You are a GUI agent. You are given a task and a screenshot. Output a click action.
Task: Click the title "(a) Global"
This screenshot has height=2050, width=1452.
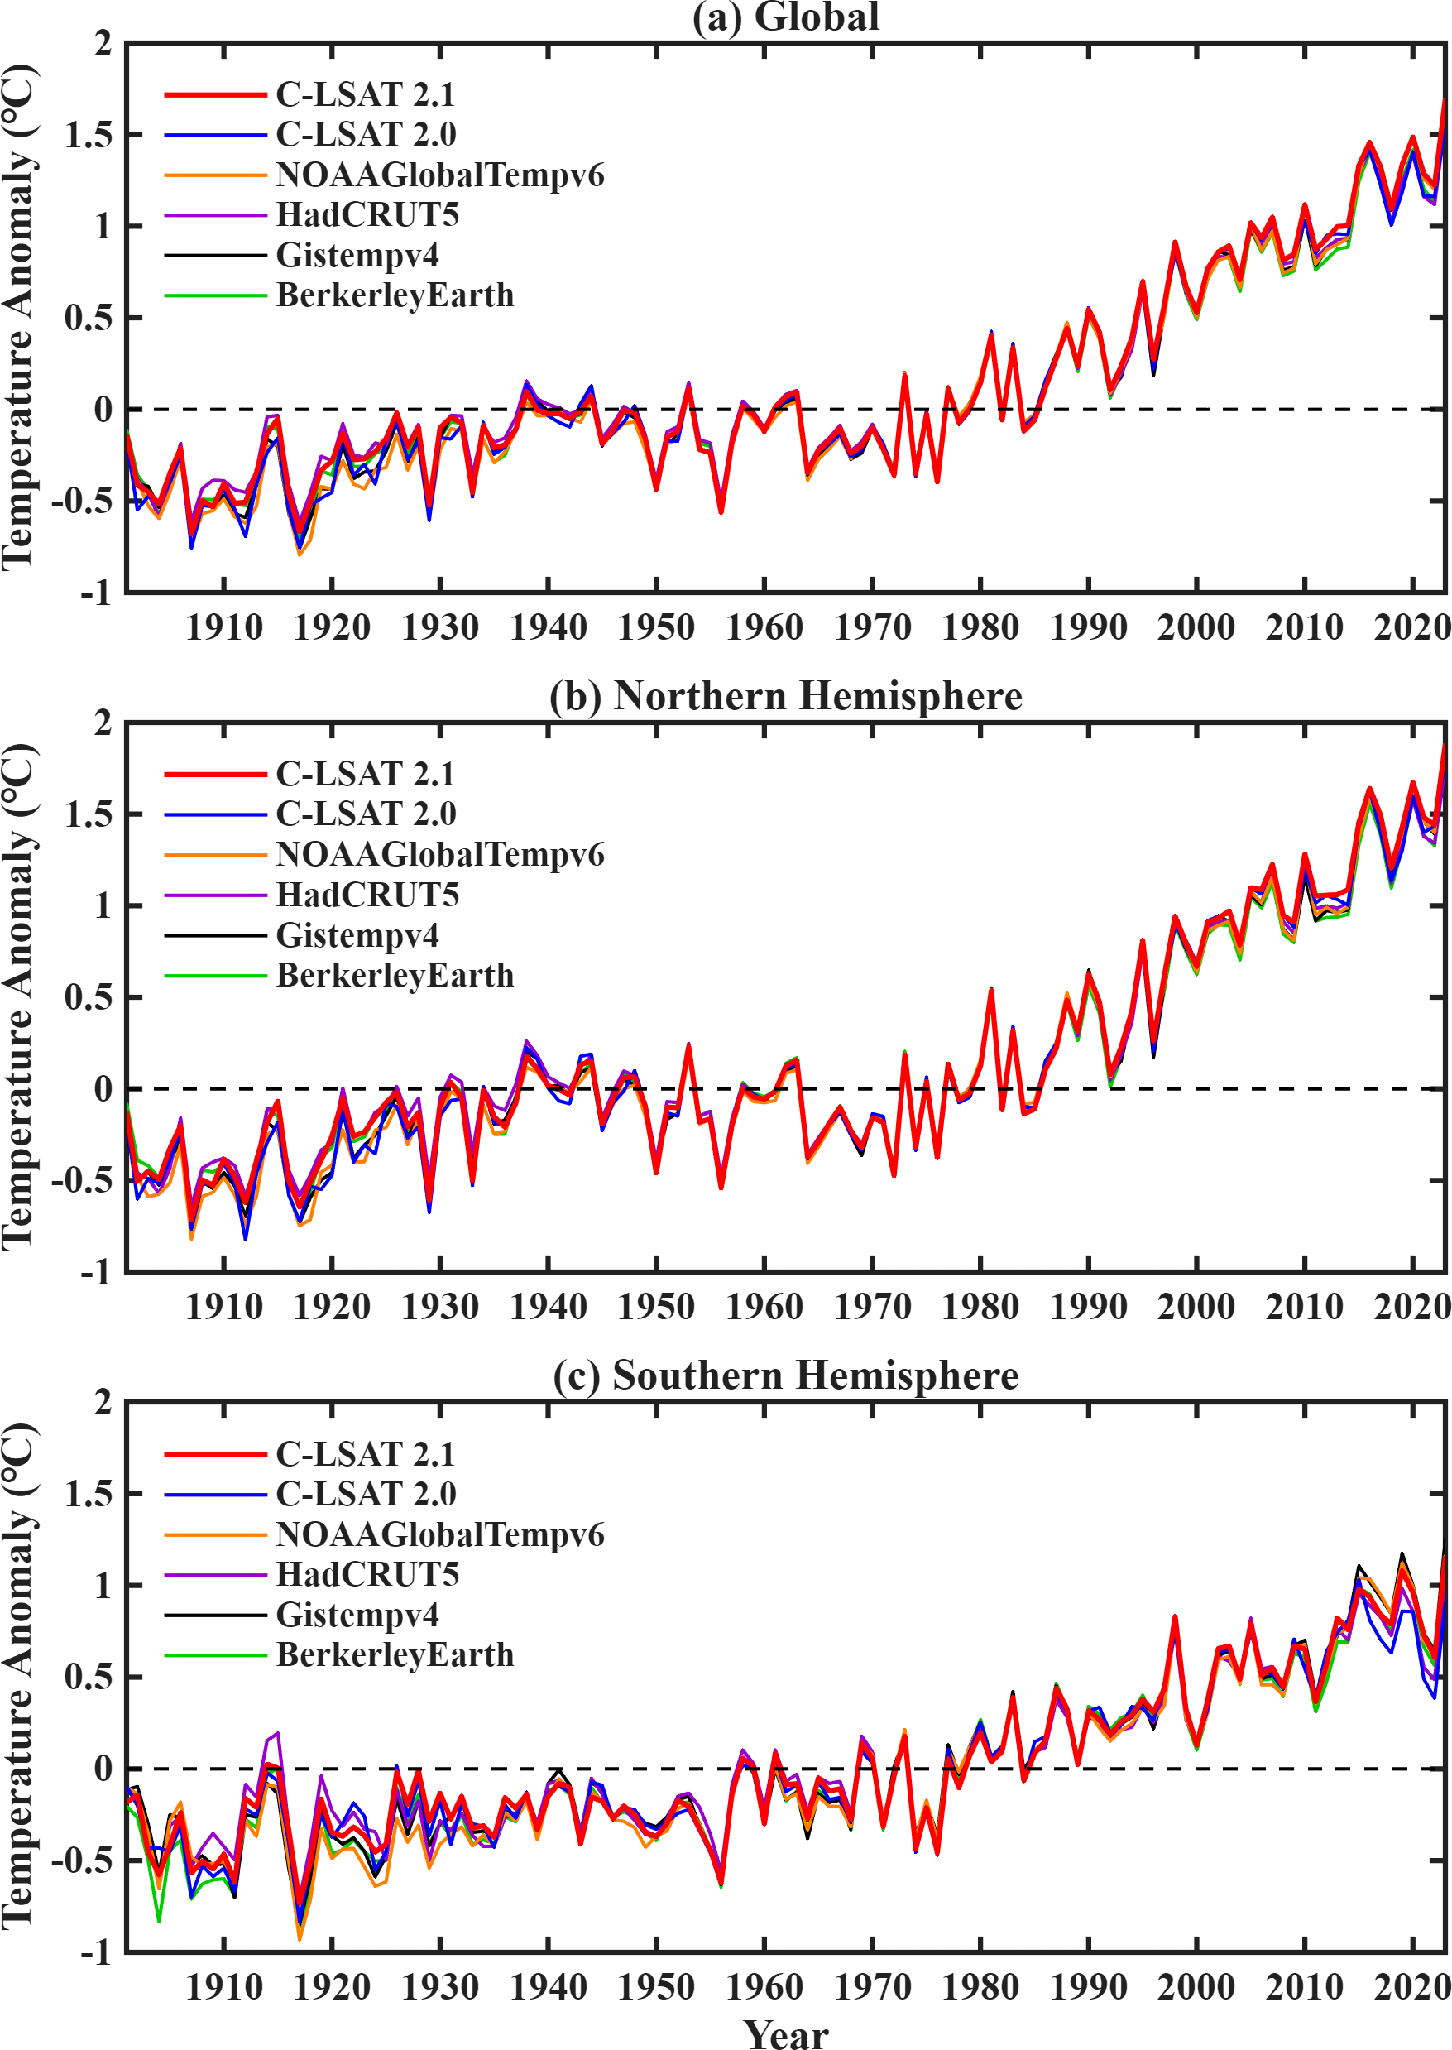[x=785, y=17]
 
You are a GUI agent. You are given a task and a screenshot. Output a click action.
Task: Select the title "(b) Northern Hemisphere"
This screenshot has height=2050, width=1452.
[x=785, y=696]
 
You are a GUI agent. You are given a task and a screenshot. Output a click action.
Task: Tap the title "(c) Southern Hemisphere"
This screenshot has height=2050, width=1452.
[x=785, y=1375]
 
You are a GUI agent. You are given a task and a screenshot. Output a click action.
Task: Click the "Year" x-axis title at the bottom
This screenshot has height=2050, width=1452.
[x=786, y=2032]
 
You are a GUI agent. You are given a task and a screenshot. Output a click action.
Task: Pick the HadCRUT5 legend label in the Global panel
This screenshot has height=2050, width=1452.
[x=367, y=214]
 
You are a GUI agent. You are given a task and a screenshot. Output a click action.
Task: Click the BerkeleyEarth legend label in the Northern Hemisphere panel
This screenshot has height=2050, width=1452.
[x=395, y=975]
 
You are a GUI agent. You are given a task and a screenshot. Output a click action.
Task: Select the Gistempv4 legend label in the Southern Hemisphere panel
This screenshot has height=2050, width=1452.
[x=357, y=1615]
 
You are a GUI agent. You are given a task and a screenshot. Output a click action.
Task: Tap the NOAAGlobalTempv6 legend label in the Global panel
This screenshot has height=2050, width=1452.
[x=440, y=175]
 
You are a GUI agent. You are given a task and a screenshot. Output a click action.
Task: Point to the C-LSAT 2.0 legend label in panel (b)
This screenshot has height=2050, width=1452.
[x=366, y=814]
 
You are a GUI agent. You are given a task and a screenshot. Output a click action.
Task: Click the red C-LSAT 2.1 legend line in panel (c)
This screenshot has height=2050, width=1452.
[x=215, y=1454]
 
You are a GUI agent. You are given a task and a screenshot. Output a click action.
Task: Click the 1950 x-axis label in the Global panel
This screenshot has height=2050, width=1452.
[x=656, y=628]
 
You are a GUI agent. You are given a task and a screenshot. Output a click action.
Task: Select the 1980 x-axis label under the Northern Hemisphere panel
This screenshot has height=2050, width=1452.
[x=980, y=1308]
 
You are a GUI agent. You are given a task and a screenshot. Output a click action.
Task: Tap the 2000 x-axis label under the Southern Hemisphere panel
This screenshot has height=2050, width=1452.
[x=1196, y=1987]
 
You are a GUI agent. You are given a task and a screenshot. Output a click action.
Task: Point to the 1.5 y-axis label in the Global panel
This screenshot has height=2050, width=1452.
[x=89, y=135]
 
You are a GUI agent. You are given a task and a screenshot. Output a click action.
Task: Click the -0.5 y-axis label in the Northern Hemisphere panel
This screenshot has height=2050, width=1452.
[x=81, y=1181]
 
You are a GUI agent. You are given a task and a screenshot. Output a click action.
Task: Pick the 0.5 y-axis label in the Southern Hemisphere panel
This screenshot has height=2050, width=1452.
[x=89, y=1677]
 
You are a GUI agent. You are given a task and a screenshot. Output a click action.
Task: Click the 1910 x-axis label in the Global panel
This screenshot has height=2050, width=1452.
[x=223, y=628]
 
